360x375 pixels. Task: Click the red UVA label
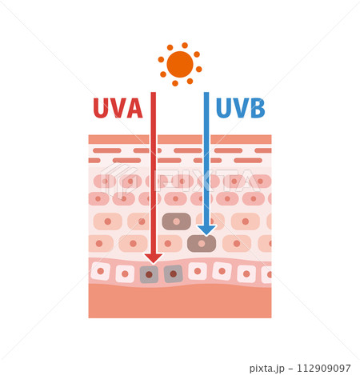(118, 108)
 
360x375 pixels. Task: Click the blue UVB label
(241, 108)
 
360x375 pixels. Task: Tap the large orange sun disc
(180, 64)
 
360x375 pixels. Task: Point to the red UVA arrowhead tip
(154, 264)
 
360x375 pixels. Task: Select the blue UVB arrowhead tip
(206, 235)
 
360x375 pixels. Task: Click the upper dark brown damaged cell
(177, 221)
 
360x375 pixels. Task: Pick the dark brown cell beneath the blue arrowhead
(202, 244)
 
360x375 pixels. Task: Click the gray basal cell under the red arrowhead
(149, 274)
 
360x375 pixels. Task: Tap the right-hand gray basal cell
(174, 273)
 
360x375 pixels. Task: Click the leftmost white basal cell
(101, 271)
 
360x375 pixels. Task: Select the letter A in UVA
(134, 108)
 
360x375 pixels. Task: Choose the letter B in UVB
(258, 108)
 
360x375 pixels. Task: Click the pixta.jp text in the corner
(267, 369)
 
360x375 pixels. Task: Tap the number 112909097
(324, 368)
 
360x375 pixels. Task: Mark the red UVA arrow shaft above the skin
(154, 114)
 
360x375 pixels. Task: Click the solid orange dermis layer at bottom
(180, 302)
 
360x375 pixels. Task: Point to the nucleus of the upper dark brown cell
(176, 221)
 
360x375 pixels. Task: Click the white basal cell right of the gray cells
(198, 271)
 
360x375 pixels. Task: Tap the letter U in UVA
(101, 108)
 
